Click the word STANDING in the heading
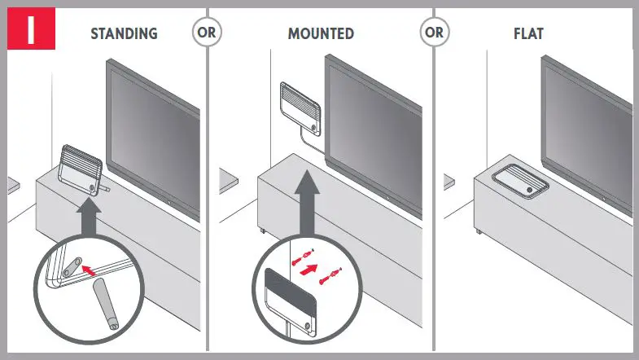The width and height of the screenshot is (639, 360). tap(124, 34)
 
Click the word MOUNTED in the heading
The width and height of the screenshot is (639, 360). tap(321, 34)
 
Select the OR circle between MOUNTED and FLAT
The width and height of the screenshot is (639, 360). tap(434, 33)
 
